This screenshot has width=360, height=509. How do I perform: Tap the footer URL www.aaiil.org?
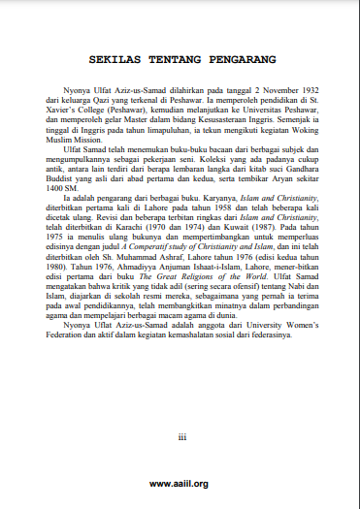click(180, 484)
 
